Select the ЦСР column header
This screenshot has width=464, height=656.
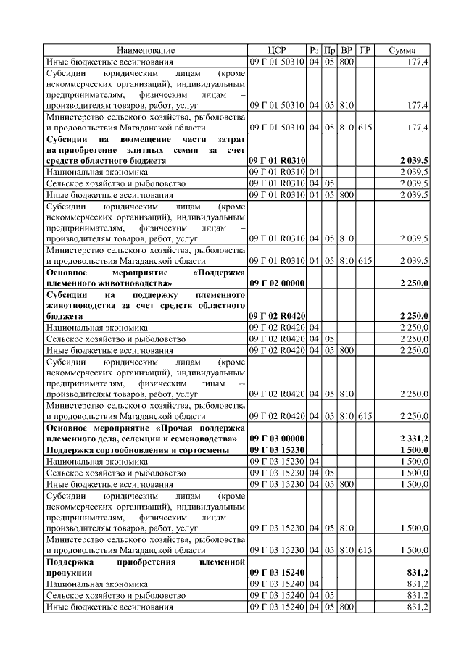pos(277,50)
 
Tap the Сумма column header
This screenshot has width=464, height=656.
pos(402,50)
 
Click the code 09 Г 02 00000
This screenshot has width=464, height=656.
pos(277,283)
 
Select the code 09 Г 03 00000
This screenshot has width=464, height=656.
pos(277,439)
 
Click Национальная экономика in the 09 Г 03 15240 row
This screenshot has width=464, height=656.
pos(97,584)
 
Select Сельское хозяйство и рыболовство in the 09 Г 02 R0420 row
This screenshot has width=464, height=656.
pos(111,339)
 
